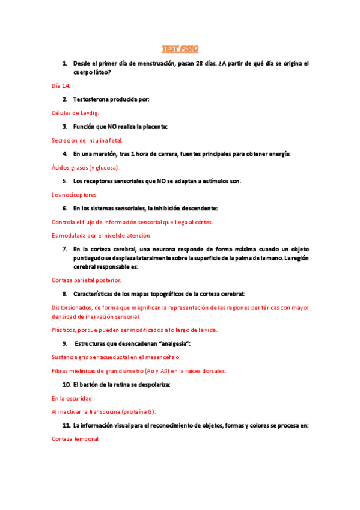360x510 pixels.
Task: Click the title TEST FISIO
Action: click(180, 48)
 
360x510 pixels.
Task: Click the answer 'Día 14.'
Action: click(61, 85)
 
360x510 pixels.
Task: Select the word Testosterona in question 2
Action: click(93, 99)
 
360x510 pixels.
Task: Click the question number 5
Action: click(65, 180)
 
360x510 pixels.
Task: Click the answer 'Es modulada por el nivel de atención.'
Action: click(102, 235)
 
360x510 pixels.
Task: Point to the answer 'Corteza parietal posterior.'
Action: click(87, 280)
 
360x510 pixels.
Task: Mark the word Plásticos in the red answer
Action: click(65, 330)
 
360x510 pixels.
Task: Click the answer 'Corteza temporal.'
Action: click(75, 439)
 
